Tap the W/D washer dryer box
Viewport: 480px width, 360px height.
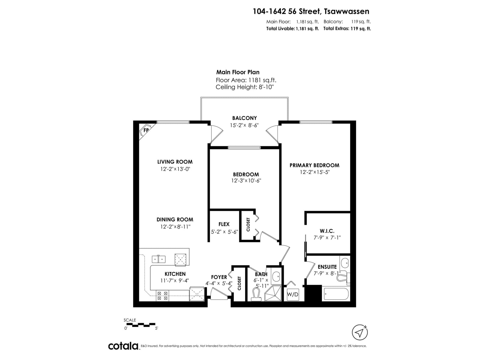[x=292, y=294]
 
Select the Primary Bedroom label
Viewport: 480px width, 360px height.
[x=314, y=165]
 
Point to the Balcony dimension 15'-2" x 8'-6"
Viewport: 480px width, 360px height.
[x=244, y=125]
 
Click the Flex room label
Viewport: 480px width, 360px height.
[x=224, y=224]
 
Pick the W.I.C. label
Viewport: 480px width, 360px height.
[x=327, y=231]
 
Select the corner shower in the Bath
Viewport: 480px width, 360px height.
[x=273, y=293]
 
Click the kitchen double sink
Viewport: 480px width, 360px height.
[x=158, y=259]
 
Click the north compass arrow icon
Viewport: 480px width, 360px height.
[x=360, y=332]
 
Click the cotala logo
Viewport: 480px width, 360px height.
[x=123, y=346]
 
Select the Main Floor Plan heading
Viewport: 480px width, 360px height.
[x=238, y=72]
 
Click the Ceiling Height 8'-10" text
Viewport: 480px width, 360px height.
[x=244, y=87]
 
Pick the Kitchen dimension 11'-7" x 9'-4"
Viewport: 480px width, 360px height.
[x=175, y=280]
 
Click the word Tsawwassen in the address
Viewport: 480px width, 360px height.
[x=346, y=11]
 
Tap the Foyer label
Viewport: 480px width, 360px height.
[x=219, y=277]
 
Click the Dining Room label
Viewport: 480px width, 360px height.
[x=175, y=220]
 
